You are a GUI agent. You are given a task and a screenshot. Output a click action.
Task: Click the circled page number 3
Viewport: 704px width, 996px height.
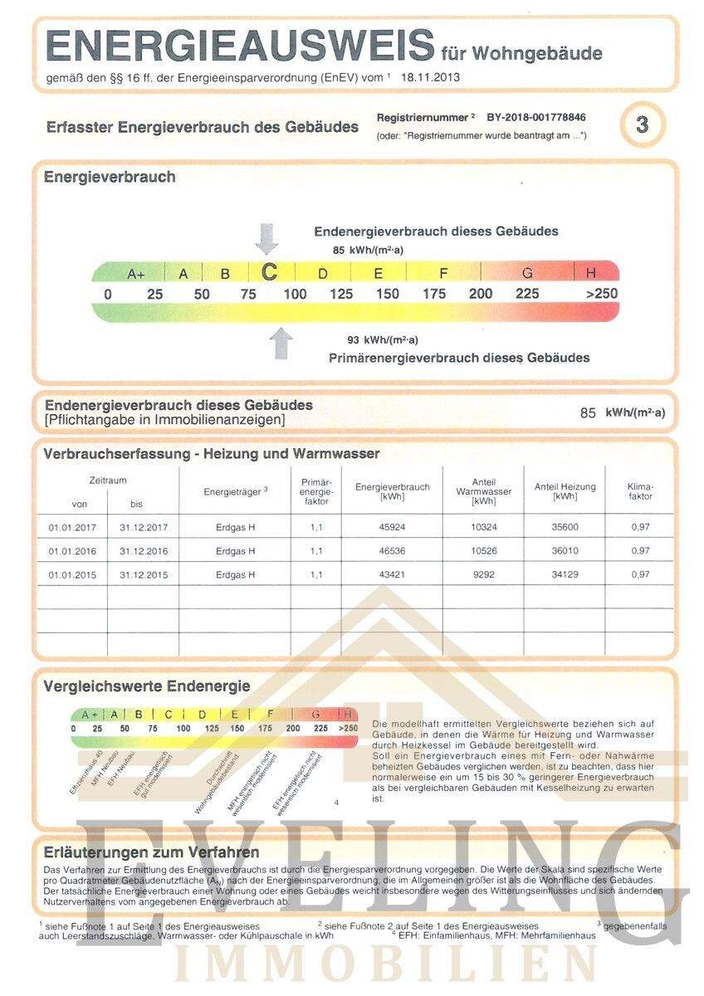click(642, 124)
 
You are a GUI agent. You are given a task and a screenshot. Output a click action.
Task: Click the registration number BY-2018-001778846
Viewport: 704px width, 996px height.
click(536, 118)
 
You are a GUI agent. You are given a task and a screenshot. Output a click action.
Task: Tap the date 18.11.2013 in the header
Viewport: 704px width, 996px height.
click(430, 77)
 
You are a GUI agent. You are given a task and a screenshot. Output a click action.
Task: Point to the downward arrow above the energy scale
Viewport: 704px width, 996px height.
click(266, 238)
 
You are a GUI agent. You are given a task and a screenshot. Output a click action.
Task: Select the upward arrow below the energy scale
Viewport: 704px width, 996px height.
click(281, 343)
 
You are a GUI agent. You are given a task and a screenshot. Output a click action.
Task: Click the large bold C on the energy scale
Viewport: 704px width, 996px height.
click(269, 272)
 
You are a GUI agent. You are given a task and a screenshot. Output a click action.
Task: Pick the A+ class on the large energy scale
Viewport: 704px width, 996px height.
click(136, 274)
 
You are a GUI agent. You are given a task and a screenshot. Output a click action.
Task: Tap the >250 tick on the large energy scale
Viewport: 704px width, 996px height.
click(601, 294)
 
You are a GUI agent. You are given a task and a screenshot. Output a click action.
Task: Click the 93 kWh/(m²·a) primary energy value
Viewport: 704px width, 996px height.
click(383, 339)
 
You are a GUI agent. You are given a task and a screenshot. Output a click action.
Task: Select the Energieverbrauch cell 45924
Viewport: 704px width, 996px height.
click(392, 527)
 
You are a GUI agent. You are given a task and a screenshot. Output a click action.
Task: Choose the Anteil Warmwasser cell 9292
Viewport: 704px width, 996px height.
click(483, 574)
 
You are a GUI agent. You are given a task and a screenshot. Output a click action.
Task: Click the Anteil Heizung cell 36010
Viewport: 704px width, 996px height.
click(565, 551)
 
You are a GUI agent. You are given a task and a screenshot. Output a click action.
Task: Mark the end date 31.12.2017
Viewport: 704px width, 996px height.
click(144, 527)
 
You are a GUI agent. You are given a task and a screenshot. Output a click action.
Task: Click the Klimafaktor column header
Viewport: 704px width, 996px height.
click(640, 491)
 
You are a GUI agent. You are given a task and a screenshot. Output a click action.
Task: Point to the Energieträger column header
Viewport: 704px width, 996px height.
click(235, 491)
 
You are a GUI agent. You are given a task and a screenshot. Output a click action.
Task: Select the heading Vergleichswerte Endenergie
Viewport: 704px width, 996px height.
click(147, 686)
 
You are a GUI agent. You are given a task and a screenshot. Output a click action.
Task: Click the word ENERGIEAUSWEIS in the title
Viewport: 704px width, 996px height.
click(240, 46)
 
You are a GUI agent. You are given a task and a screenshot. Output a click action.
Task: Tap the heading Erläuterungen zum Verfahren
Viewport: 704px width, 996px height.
click(152, 852)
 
